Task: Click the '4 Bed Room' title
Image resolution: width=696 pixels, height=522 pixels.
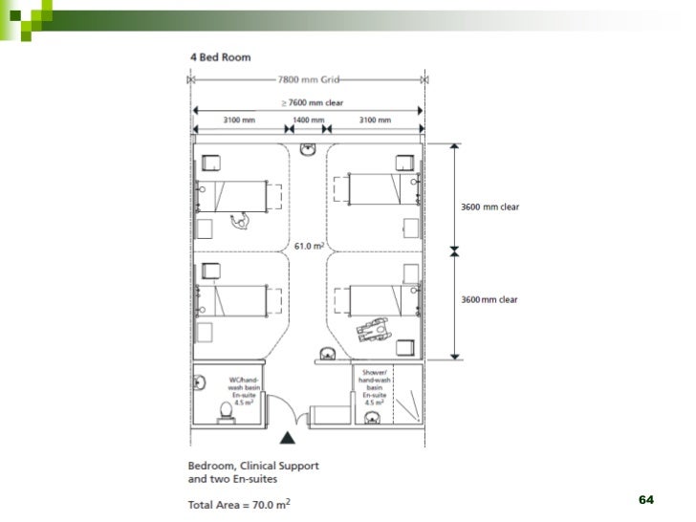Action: pos(221,57)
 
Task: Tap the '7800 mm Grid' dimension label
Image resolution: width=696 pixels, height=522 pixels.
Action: pos(309,80)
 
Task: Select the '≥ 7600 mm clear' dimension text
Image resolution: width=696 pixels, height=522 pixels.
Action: pos(313,103)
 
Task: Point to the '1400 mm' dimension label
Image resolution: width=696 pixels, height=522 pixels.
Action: pos(309,120)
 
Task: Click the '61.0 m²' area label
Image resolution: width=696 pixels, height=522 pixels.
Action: pos(309,246)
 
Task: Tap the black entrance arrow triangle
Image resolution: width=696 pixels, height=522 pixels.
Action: pos(288,438)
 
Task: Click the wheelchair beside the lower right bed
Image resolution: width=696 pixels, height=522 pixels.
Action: pos(373,330)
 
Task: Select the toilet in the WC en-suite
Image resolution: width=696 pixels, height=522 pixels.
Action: pos(227,412)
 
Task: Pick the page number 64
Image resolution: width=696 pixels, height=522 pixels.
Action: pos(646,500)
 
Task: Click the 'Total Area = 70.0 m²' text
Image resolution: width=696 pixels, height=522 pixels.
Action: pos(239,504)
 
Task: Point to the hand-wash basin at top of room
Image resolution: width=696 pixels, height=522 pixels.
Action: pos(308,149)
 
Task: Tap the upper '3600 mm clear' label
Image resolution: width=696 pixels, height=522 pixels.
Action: pos(489,207)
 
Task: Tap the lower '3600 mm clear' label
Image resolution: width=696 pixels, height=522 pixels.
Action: pos(489,299)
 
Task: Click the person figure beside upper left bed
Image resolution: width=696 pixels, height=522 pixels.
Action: pos(240,221)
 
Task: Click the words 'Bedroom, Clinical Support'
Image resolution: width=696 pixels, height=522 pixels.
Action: pos(253,466)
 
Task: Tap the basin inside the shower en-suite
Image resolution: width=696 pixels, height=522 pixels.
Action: pos(372,418)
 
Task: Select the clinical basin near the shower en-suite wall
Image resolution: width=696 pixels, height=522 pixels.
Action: pos(328,354)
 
